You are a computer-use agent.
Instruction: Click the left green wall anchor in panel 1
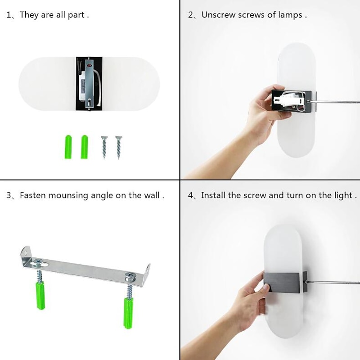tap(68, 147)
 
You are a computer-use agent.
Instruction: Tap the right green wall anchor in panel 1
tap(84, 147)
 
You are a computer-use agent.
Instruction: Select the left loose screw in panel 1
tap(104, 148)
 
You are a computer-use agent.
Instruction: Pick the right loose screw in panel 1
tap(119, 148)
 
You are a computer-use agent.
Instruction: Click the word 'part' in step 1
tap(76, 15)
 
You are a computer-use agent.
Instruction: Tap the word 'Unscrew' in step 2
tap(218, 15)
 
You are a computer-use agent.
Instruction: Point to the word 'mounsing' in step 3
tap(68, 196)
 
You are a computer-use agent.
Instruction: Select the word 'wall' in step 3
tap(152, 195)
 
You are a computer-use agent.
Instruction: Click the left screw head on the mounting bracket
tap(38, 262)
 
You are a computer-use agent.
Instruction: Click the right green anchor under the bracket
tap(128, 313)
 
